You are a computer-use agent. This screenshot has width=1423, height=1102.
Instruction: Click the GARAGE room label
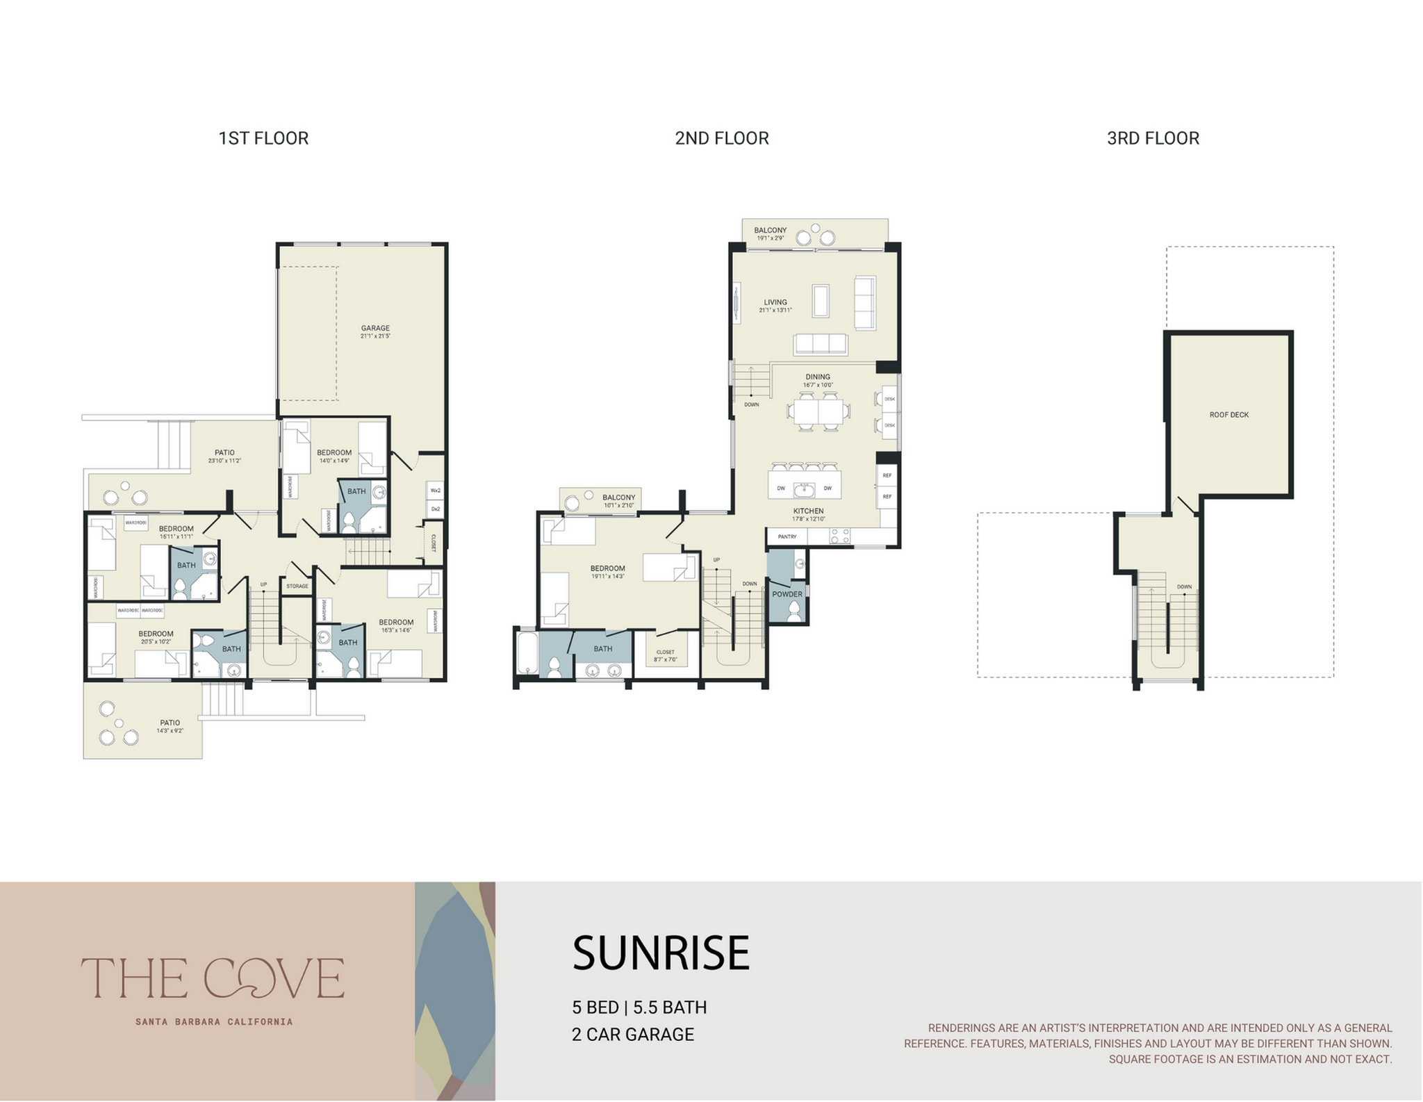click(375, 328)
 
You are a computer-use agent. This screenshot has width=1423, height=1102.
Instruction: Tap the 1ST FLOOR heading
click(263, 138)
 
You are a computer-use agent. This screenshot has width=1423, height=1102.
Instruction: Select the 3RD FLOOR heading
click(1153, 138)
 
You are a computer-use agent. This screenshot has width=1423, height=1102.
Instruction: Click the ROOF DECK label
click(1228, 415)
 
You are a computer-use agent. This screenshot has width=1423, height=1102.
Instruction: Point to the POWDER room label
click(787, 594)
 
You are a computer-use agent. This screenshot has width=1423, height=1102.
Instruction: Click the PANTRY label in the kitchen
click(787, 536)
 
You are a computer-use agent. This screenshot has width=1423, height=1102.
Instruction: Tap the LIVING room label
click(775, 302)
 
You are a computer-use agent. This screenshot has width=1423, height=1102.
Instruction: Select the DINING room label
click(818, 377)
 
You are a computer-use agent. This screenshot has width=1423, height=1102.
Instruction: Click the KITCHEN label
click(808, 511)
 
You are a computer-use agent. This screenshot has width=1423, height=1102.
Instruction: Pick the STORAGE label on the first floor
click(297, 586)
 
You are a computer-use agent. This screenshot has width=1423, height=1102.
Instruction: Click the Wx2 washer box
click(436, 491)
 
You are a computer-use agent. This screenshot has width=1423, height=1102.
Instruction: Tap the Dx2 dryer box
click(436, 509)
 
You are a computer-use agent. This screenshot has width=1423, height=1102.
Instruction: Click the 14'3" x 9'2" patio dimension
click(170, 730)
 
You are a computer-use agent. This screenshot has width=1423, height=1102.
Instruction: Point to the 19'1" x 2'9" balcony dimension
click(770, 238)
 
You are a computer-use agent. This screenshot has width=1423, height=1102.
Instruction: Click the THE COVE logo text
click(213, 978)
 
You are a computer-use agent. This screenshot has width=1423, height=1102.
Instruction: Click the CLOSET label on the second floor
click(665, 652)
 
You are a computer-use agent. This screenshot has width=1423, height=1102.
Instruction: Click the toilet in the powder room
click(793, 611)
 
